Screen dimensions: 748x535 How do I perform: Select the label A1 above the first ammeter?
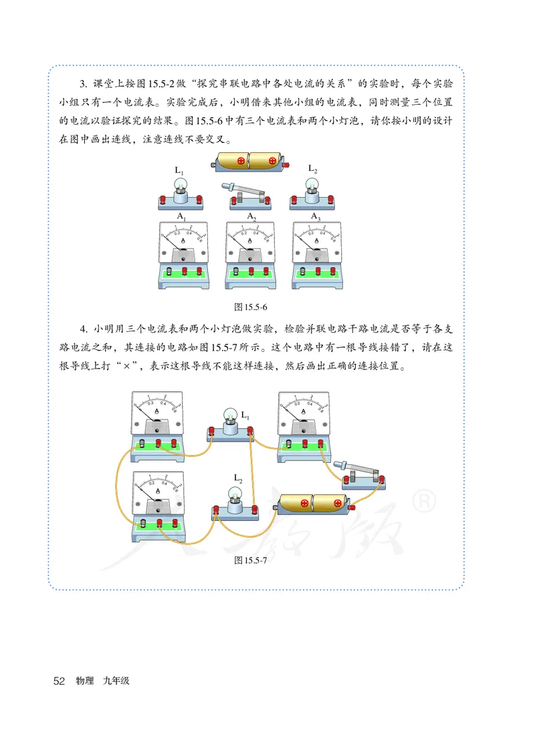coord(182,216)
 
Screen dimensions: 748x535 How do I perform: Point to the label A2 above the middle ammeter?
coord(251,216)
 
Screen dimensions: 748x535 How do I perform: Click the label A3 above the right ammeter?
coord(316,216)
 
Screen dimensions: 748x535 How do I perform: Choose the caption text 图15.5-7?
coord(251,561)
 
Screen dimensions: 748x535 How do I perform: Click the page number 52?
coord(58,681)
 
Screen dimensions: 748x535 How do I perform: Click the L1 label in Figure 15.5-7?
coord(245,417)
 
